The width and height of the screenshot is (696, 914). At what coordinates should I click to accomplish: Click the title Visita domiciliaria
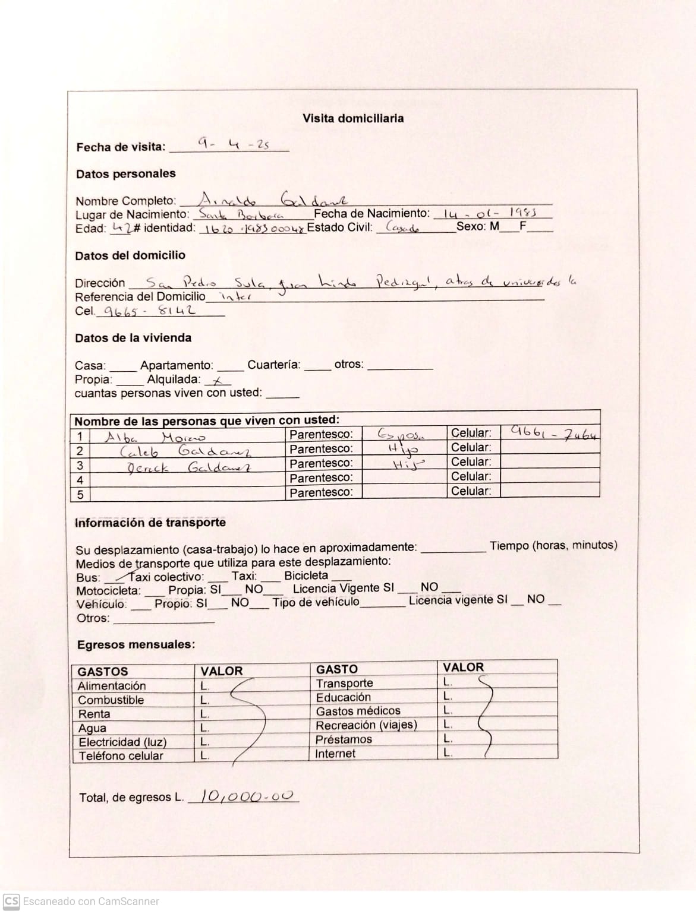[x=353, y=118]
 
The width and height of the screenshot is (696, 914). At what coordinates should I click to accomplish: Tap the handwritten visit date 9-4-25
[x=234, y=144]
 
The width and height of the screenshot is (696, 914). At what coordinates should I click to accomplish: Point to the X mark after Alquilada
[x=218, y=381]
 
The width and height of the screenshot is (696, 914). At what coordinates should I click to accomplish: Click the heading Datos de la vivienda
[x=133, y=338]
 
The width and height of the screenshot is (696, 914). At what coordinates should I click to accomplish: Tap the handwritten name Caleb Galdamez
[x=185, y=451]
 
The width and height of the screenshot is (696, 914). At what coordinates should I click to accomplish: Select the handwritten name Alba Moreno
[x=155, y=438]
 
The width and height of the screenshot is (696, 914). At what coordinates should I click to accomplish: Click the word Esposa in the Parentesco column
[x=401, y=434]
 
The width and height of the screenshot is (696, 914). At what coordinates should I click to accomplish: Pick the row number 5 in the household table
[x=80, y=494]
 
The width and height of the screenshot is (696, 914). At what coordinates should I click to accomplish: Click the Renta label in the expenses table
[x=94, y=714]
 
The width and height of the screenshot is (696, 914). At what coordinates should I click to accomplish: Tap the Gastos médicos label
[x=358, y=711]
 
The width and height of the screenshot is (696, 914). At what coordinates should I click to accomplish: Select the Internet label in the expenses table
[x=335, y=754]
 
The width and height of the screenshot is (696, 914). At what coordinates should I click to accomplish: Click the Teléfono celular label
[x=121, y=756]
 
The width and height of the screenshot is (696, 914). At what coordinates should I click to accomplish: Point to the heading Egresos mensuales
[x=136, y=645]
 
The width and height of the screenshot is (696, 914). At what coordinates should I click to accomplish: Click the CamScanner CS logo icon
[x=11, y=901]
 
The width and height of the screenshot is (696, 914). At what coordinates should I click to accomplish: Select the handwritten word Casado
[x=402, y=227]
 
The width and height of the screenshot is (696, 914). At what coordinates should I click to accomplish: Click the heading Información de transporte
[x=150, y=523]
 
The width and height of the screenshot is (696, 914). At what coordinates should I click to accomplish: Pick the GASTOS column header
[x=103, y=672]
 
